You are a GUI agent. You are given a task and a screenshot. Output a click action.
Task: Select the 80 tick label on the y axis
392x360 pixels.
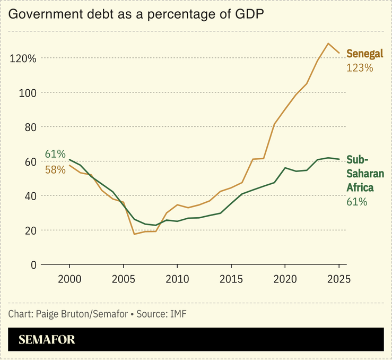click(x=29, y=127)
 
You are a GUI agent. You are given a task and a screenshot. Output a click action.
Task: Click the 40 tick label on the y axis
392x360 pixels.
click(x=29, y=196)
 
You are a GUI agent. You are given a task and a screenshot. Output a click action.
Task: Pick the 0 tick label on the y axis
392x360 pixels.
click(x=33, y=265)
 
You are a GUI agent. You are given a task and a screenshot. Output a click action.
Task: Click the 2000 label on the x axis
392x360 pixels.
click(x=69, y=279)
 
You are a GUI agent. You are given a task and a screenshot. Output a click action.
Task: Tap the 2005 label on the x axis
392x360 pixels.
click(x=123, y=279)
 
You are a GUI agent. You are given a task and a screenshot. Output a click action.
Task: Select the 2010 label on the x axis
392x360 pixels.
click(x=177, y=279)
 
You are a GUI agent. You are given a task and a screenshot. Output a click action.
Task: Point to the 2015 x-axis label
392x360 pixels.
click(x=231, y=279)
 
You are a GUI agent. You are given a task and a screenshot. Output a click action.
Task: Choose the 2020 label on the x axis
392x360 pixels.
click(x=285, y=279)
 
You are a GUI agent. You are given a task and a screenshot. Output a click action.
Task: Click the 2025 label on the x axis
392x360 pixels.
click(x=338, y=279)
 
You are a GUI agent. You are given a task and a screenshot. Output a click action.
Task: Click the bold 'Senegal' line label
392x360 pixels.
click(x=364, y=54)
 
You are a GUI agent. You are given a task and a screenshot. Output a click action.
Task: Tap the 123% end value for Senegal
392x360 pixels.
click(x=360, y=68)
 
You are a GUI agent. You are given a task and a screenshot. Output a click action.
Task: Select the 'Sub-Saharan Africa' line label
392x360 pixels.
click(x=365, y=174)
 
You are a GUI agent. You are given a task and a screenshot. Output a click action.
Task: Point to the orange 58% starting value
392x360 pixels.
click(x=55, y=169)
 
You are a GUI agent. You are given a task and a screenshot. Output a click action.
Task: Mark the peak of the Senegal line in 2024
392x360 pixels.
click(x=328, y=44)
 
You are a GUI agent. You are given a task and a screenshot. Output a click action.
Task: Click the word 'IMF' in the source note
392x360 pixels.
click(x=178, y=314)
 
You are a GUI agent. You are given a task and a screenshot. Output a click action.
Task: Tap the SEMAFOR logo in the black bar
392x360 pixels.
click(x=47, y=340)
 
